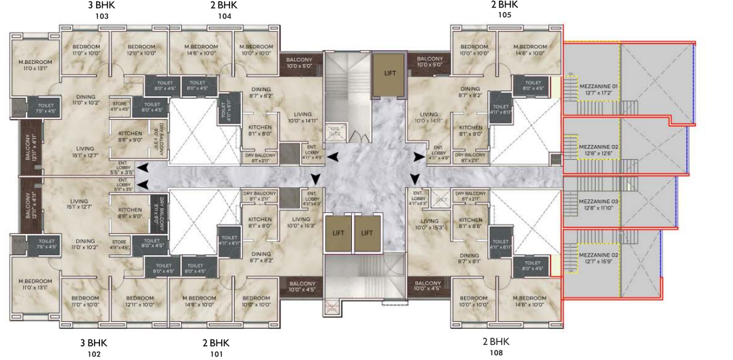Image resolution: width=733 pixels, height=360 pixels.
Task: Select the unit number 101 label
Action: tap(216, 354)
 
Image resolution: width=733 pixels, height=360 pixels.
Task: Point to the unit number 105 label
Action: tap(504, 16)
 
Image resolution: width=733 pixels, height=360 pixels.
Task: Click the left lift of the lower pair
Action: tap(338, 233)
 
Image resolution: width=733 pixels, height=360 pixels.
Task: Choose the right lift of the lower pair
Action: tap(367, 233)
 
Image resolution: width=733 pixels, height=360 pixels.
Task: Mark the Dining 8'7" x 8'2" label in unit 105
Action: tap(470, 93)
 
